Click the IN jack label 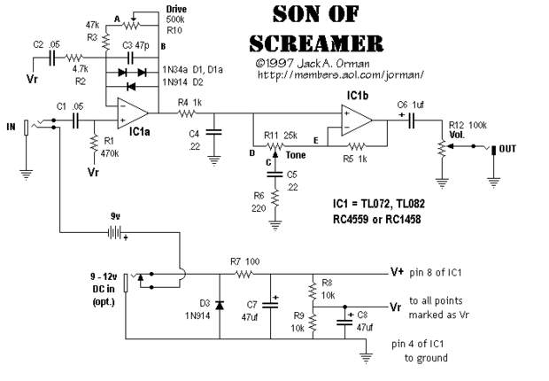pyautogui.click(x=12, y=127)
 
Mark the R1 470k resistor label pyautogui.click(x=111, y=146)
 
